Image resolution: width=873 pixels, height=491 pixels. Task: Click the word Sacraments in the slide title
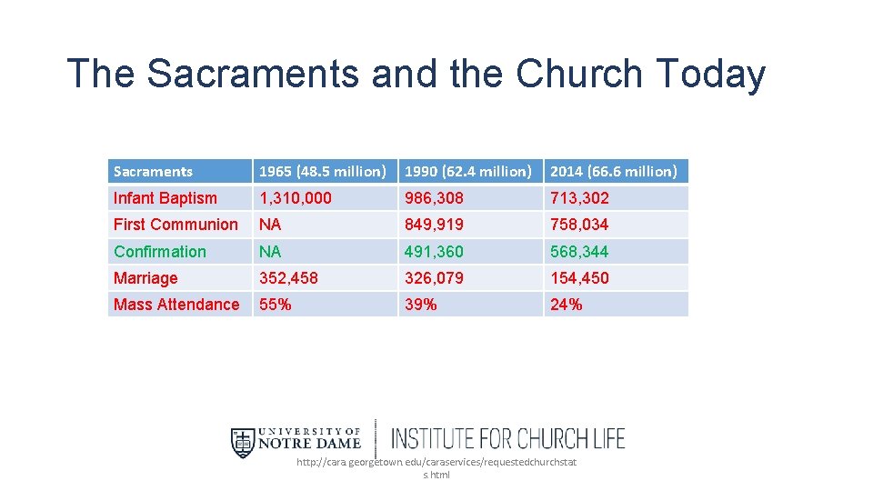click(252, 74)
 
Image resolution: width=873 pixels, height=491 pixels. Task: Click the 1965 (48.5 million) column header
click(323, 171)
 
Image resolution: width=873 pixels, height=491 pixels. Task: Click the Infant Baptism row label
click(166, 198)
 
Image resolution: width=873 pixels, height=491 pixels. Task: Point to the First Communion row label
click(176, 225)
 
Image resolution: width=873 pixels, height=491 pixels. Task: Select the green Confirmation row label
click(160, 252)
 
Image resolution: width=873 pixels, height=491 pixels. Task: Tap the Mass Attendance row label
click(176, 305)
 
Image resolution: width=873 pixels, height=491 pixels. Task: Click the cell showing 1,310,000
click(296, 198)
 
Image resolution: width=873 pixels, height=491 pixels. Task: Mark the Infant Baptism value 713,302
click(579, 198)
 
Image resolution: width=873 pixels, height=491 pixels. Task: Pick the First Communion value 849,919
click(434, 225)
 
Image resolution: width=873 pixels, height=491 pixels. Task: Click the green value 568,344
click(579, 252)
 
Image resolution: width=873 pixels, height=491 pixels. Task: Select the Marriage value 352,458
click(288, 278)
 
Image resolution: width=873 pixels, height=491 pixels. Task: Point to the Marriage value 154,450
click(579, 278)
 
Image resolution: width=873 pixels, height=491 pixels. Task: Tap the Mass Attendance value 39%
click(420, 305)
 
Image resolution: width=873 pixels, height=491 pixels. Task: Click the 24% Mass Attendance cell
click(566, 305)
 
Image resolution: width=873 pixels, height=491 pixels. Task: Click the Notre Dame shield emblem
click(243, 442)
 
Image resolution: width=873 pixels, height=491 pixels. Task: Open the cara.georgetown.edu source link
click(436, 468)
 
